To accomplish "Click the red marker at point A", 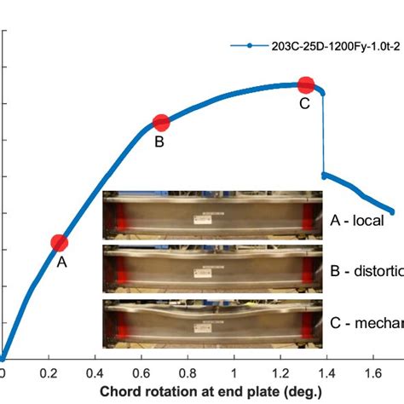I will click(x=59, y=243).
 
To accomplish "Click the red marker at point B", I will click(x=161, y=123).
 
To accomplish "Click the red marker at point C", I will click(x=306, y=84).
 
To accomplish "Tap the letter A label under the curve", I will click(x=61, y=263).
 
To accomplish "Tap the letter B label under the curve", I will click(x=159, y=141).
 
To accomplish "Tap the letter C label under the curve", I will click(x=303, y=103).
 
